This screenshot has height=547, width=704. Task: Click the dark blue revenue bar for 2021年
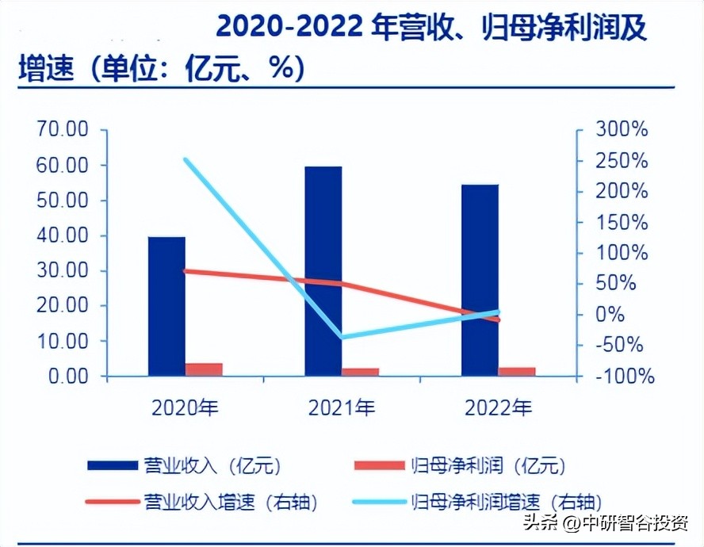[323, 270]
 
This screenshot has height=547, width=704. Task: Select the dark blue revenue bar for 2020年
[166, 305]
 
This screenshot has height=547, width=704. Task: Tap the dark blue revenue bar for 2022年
[480, 279]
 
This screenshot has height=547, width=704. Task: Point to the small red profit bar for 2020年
[204, 369]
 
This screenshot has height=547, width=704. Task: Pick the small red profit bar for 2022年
[517, 371]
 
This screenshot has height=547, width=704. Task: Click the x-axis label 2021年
[342, 408]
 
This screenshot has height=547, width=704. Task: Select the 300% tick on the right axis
[622, 130]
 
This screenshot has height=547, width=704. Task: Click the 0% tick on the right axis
[610, 315]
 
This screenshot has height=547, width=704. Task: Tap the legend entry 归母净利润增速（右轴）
[507, 501]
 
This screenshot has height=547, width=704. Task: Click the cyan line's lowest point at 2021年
[342, 337]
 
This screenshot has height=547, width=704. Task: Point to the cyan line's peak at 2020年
[186, 159]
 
